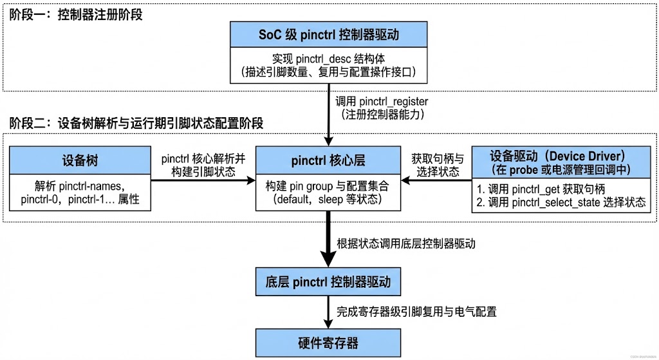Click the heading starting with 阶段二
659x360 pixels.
(136, 122)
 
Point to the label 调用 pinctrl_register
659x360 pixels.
(382, 102)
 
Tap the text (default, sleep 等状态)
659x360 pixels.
(329, 200)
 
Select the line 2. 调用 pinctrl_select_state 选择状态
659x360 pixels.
(559, 202)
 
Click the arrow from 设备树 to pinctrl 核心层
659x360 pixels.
(203, 181)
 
